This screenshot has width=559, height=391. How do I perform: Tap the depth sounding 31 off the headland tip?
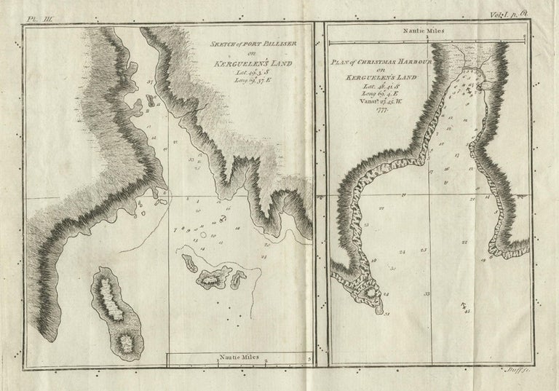point(387,314)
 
